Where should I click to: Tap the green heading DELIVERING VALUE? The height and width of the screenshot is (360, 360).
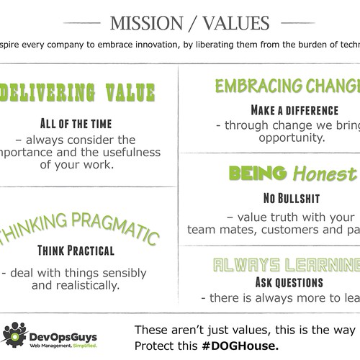click(x=79, y=93)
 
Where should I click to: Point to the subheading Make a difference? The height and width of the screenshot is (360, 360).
click(x=294, y=110)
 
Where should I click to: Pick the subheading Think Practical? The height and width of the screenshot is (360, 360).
click(x=76, y=251)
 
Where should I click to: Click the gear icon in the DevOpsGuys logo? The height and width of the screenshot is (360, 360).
click(x=15, y=332)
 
